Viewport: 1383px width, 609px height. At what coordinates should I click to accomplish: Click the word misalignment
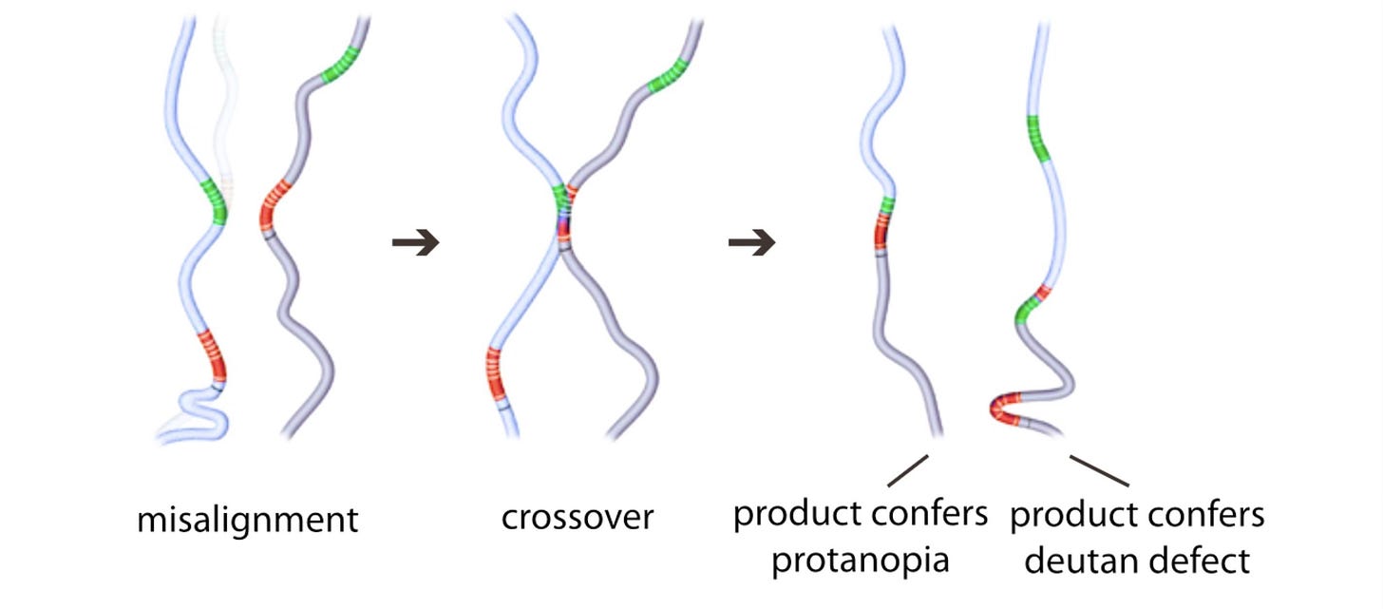[248, 520]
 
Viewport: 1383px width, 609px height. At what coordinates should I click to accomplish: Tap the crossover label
[578, 518]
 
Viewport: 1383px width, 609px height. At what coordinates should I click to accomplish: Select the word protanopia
[860, 561]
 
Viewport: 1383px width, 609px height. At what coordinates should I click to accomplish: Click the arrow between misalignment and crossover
[415, 244]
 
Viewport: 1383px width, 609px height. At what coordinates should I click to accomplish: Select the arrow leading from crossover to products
[751, 244]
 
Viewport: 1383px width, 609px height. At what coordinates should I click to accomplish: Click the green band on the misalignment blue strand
[217, 202]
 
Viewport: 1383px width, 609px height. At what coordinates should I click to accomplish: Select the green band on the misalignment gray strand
[337, 67]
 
